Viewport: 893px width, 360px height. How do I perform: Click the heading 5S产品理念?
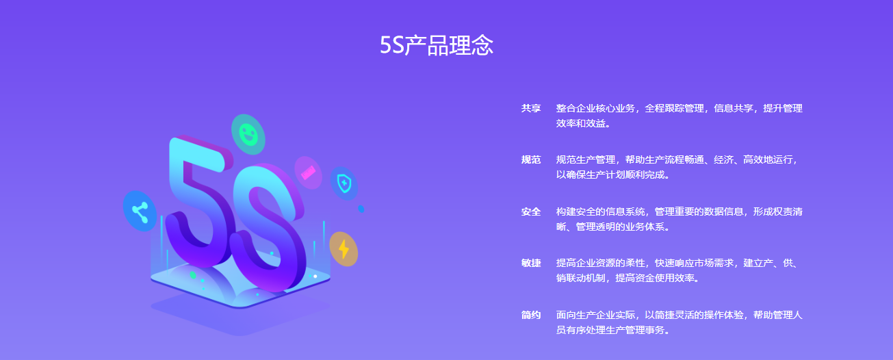(437, 44)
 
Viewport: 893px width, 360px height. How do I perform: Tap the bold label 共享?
(531, 108)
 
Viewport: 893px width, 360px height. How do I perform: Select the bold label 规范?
(531, 159)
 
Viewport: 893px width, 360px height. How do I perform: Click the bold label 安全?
(531, 211)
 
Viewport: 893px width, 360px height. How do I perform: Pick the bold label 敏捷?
(531, 263)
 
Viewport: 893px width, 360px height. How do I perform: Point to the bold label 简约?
(531, 315)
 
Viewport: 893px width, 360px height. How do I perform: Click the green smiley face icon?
(248, 134)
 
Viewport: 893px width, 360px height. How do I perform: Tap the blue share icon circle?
(140, 211)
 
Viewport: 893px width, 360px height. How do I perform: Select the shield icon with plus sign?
(344, 183)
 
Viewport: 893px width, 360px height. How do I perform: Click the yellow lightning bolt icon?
(344, 249)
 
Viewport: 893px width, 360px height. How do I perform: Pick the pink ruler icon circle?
(308, 172)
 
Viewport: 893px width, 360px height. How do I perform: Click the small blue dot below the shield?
(361, 209)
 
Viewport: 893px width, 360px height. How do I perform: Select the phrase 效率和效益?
(581, 123)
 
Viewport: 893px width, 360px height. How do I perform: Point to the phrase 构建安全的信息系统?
(600, 211)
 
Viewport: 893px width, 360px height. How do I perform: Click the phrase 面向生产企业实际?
(595, 315)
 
